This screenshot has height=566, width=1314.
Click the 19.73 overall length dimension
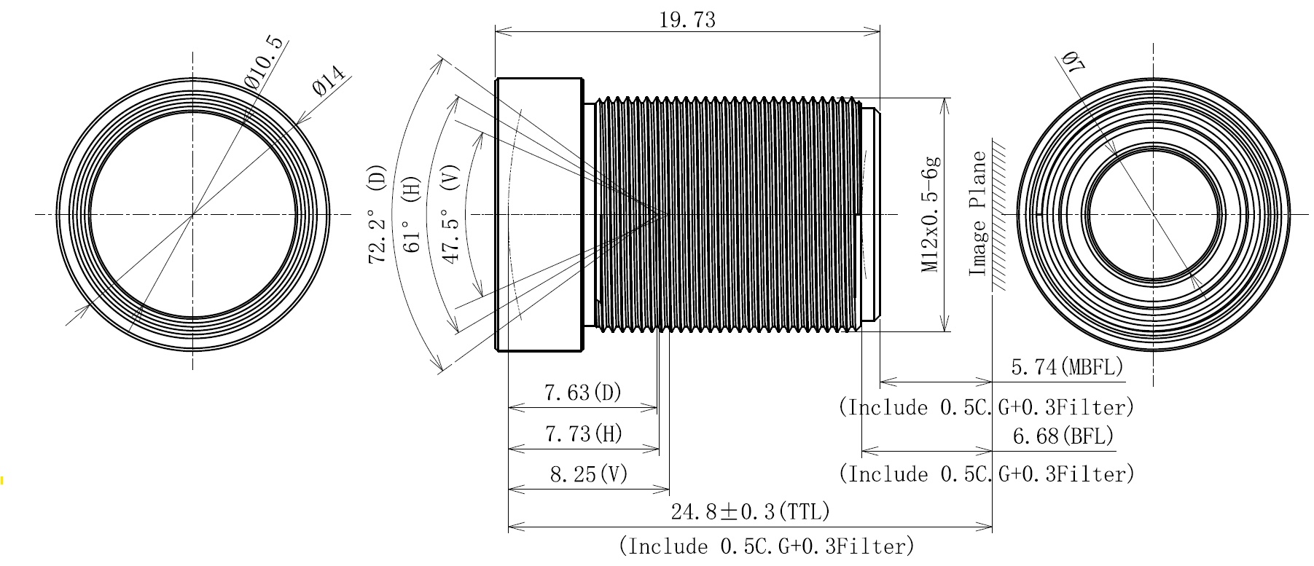[x=687, y=20]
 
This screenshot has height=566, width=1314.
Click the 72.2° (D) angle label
[x=378, y=214]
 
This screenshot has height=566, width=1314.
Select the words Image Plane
[x=977, y=213]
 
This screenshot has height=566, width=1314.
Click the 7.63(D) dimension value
[x=583, y=393]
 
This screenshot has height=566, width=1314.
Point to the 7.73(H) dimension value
[x=584, y=435]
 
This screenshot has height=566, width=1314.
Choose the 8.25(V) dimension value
[x=589, y=475]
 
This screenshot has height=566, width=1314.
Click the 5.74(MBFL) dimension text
[x=1068, y=367]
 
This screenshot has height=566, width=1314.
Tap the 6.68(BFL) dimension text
[x=1064, y=436]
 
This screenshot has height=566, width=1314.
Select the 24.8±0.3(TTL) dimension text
[x=751, y=511]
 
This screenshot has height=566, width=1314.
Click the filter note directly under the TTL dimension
[x=767, y=546]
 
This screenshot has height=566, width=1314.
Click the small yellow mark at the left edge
[x=2, y=480]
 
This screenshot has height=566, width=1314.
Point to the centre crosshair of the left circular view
[x=192, y=214]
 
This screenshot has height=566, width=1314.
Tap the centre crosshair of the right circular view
[x=1154, y=214]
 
